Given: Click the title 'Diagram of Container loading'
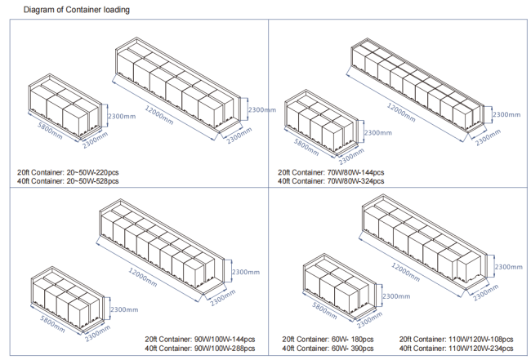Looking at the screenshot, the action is [77, 10].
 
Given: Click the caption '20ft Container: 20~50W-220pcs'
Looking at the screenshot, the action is [68, 172].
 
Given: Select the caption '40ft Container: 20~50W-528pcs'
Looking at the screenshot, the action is [68, 181].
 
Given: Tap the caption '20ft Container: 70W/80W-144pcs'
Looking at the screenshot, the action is [331, 172].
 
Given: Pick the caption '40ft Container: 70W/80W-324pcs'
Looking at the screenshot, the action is [331, 181].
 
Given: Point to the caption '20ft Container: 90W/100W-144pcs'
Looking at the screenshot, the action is [200, 339].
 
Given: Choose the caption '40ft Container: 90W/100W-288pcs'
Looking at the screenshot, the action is [200, 348].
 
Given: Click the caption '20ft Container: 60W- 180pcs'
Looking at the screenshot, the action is [328, 339].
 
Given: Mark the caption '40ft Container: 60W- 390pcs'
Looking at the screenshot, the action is [328, 348].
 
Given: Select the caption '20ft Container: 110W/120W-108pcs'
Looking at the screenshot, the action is [456, 339].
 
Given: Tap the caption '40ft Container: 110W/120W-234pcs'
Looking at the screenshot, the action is [456, 348].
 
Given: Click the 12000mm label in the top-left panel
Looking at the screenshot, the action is [159, 115].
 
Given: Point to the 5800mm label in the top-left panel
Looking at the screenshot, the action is [50, 131].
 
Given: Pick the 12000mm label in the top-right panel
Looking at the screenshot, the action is [401, 113].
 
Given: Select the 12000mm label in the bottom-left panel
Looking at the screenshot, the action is [143, 277].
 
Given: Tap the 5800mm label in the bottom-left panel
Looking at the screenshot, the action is [52, 323].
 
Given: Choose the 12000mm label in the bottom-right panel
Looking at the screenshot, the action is [406, 272].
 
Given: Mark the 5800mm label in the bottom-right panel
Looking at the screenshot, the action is [324, 310].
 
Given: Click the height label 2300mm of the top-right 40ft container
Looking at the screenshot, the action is [506, 115].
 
